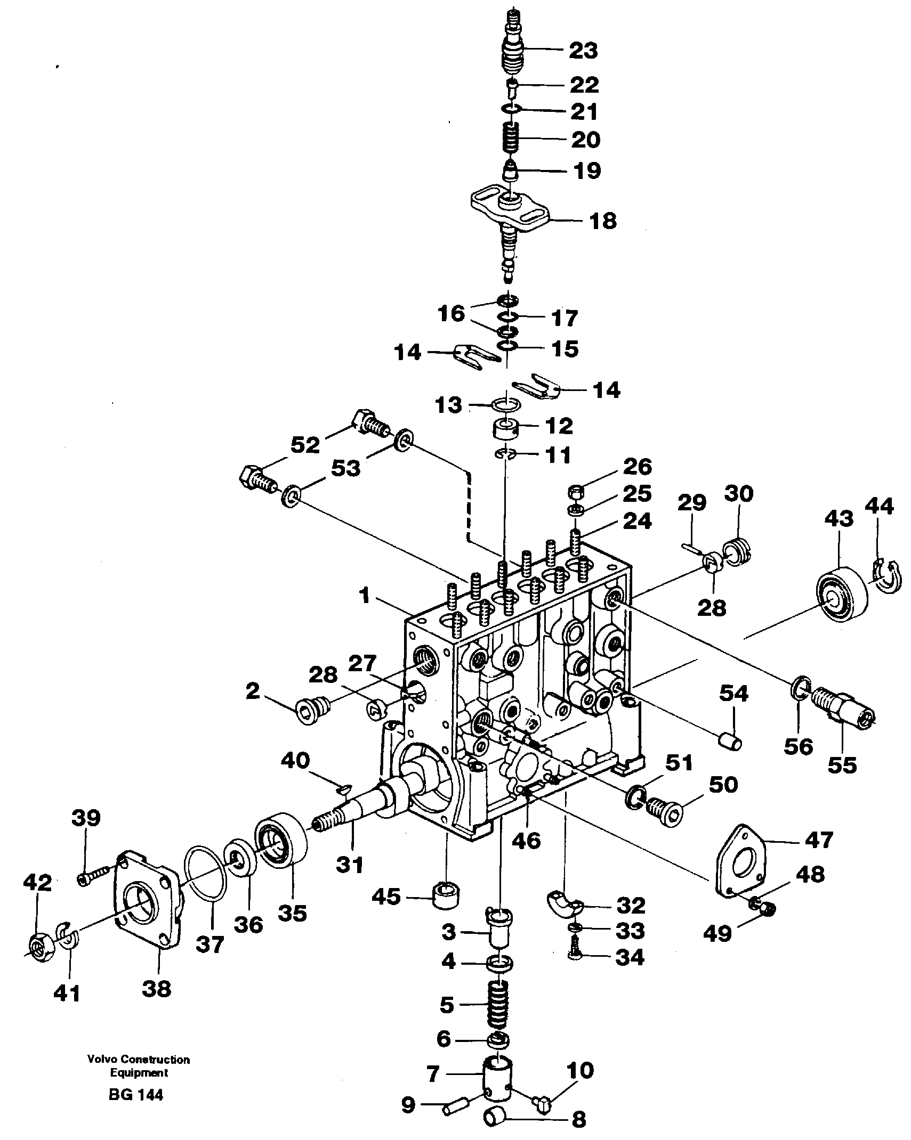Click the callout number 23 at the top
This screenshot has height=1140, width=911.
click(x=583, y=51)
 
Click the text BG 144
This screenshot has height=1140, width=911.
click(x=136, y=1094)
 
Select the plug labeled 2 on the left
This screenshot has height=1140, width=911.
click(x=313, y=709)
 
